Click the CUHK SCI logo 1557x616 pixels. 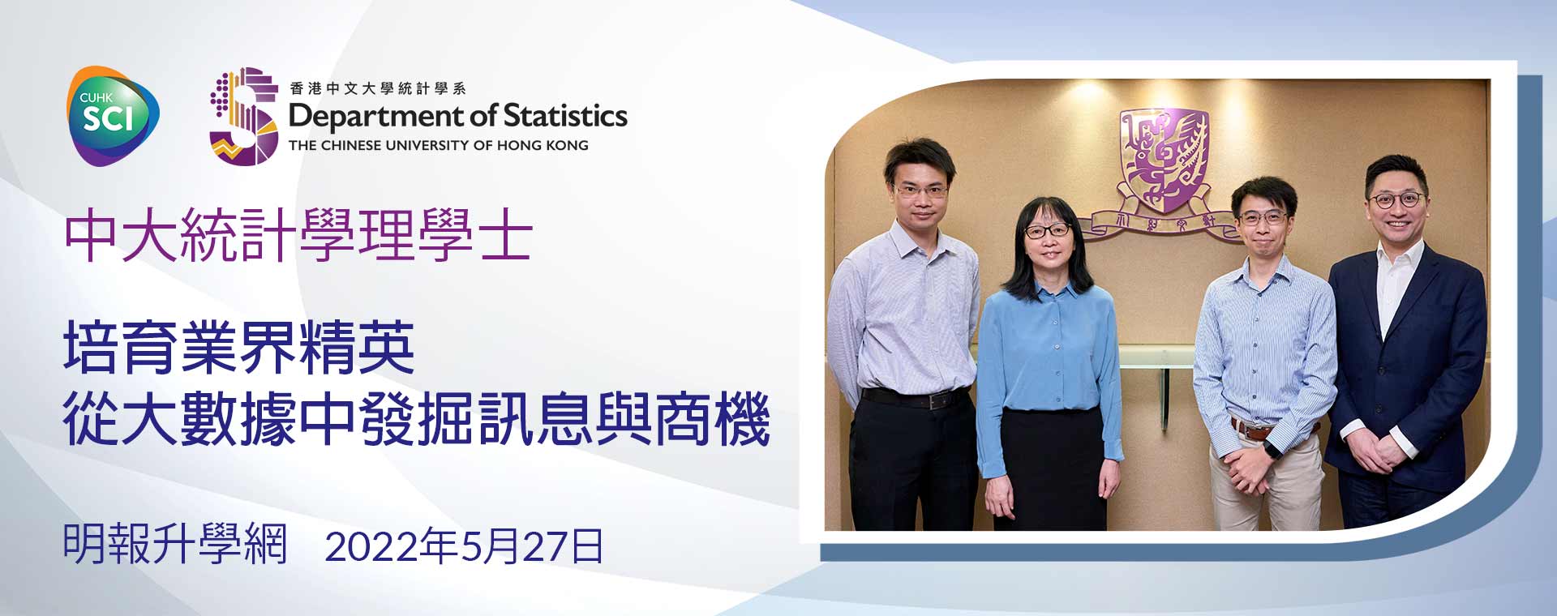[113, 116]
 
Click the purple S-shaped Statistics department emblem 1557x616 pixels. [242, 116]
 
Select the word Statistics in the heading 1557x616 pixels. [565, 115]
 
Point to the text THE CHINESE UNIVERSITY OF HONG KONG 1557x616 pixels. [439, 146]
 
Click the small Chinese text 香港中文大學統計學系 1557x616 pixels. [378, 88]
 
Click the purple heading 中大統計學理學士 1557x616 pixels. [298, 235]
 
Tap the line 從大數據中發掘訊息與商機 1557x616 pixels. [417, 419]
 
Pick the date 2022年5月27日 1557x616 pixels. [464, 545]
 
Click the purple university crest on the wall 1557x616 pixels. [1165, 158]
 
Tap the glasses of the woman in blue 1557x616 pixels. [1046, 231]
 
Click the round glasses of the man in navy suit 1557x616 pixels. [1396, 199]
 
